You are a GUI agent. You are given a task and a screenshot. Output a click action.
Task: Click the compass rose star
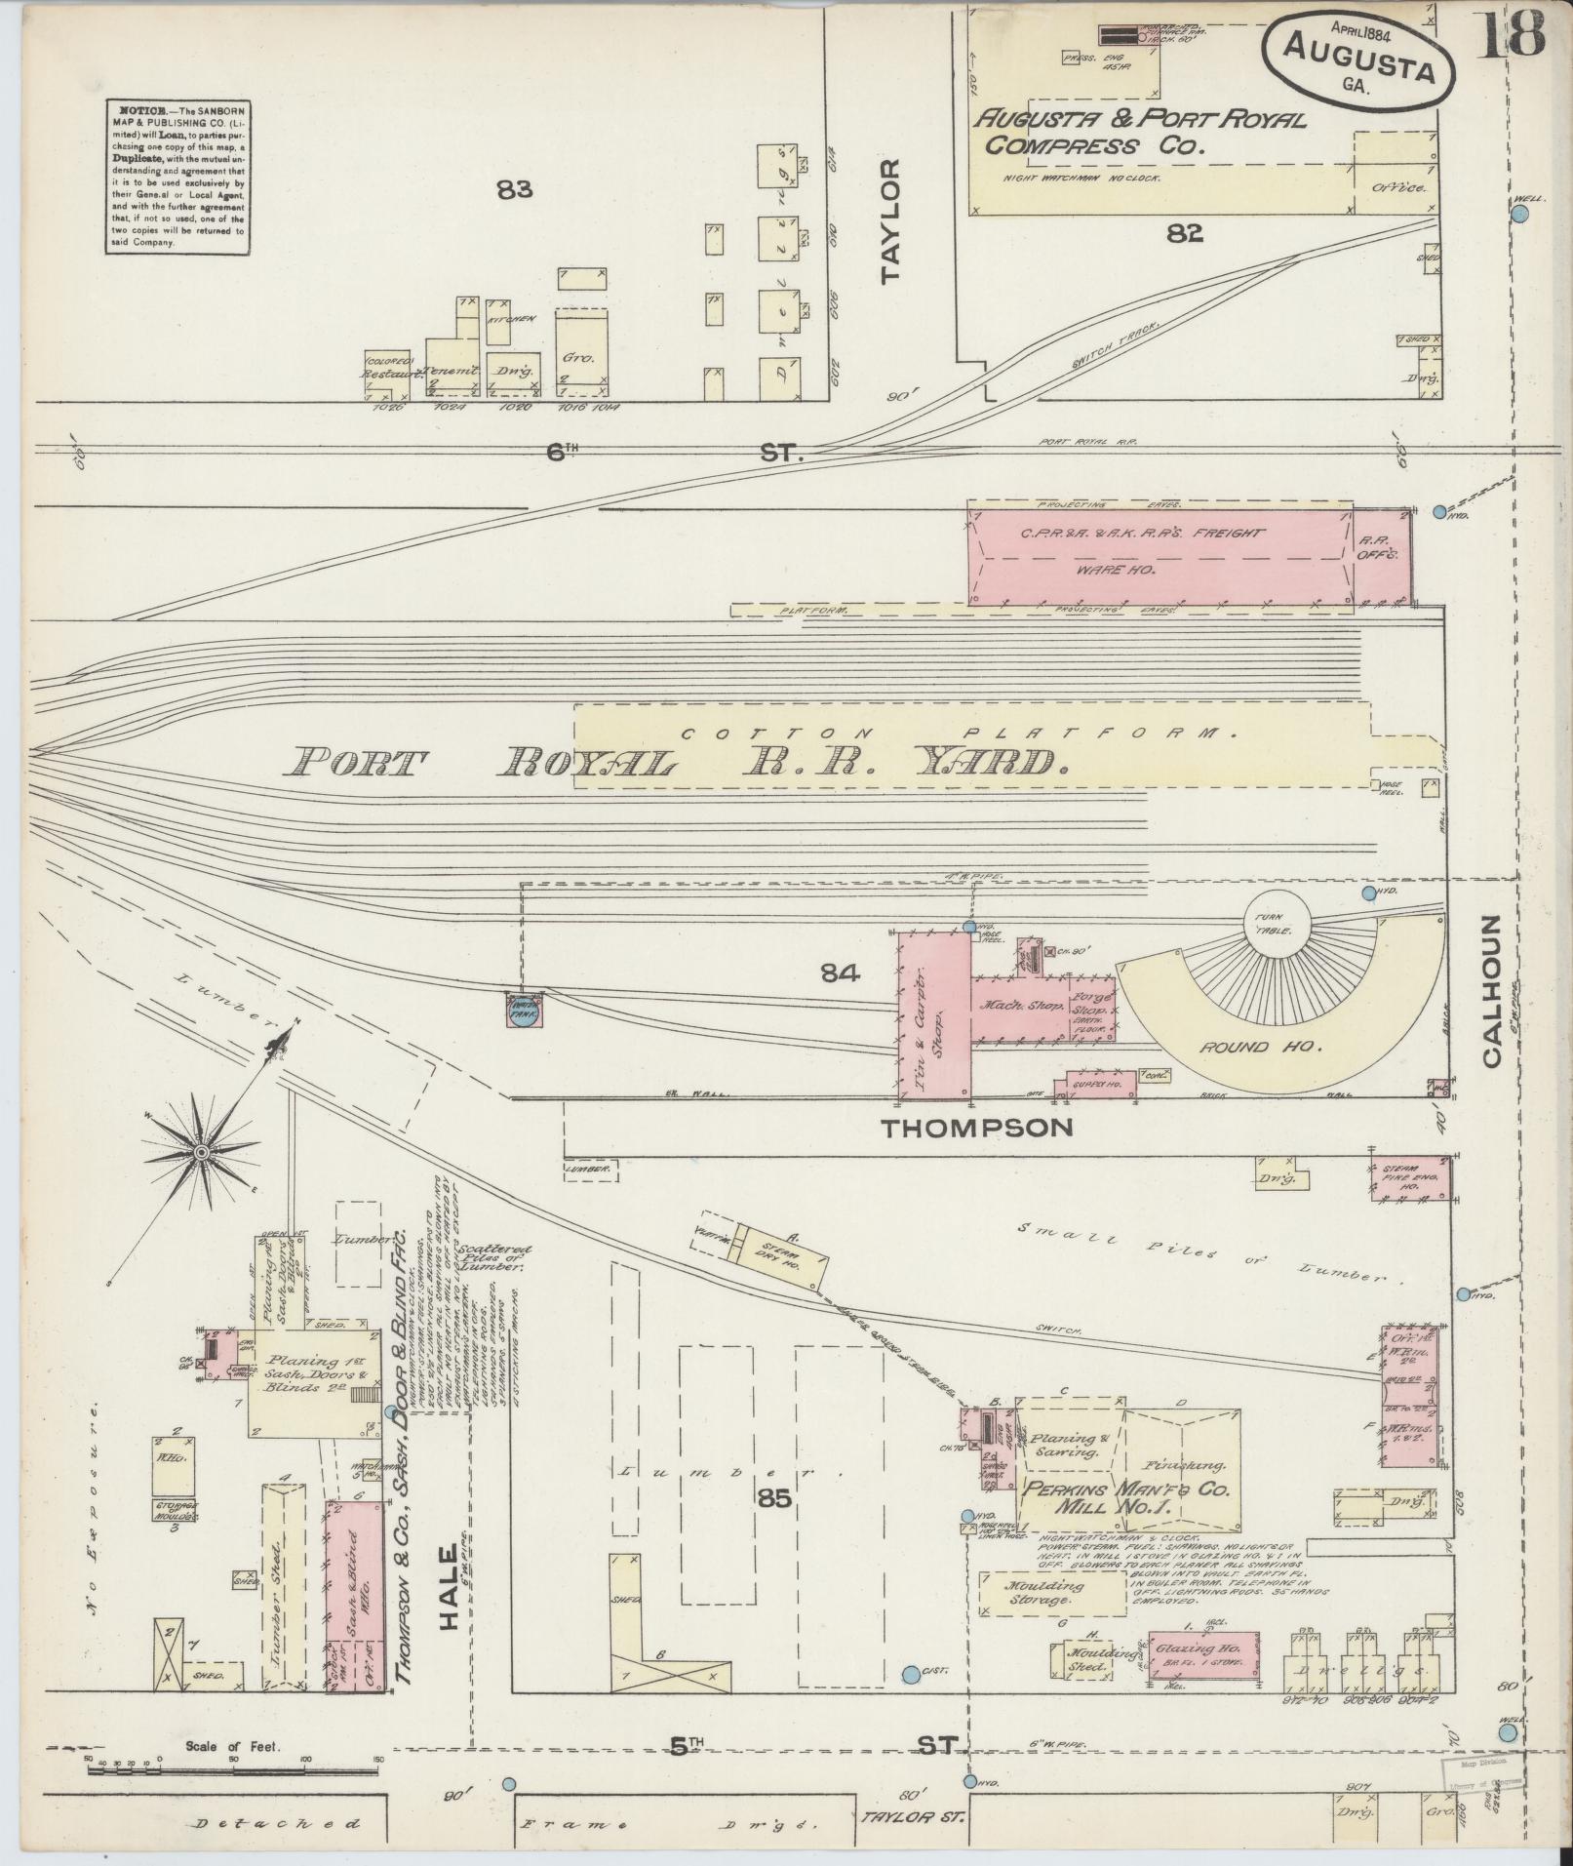tap(201, 1153)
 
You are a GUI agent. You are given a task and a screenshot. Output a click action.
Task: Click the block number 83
tap(514, 190)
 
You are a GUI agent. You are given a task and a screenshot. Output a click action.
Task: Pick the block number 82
tap(1183, 232)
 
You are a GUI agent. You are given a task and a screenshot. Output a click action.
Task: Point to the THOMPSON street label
tap(977, 1128)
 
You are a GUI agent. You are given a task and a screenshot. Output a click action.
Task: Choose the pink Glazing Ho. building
tap(1197, 1655)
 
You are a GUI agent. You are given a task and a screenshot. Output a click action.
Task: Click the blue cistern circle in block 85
tap(910, 1675)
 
